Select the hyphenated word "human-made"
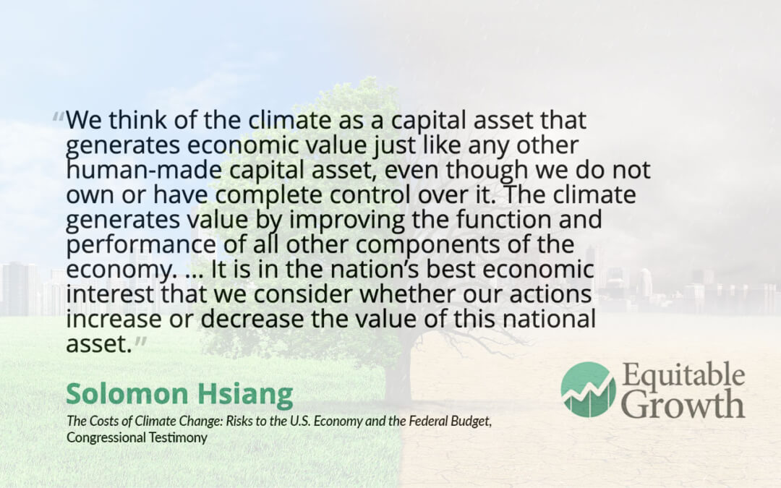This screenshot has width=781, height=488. [x=144, y=170]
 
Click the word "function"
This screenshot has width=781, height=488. [x=503, y=220]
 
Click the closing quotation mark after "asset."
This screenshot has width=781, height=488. [x=141, y=341]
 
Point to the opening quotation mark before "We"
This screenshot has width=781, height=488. [x=59, y=118]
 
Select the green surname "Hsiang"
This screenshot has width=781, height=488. [x=245, y=395]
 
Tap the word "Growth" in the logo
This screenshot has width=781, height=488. [x=683, y=404]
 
